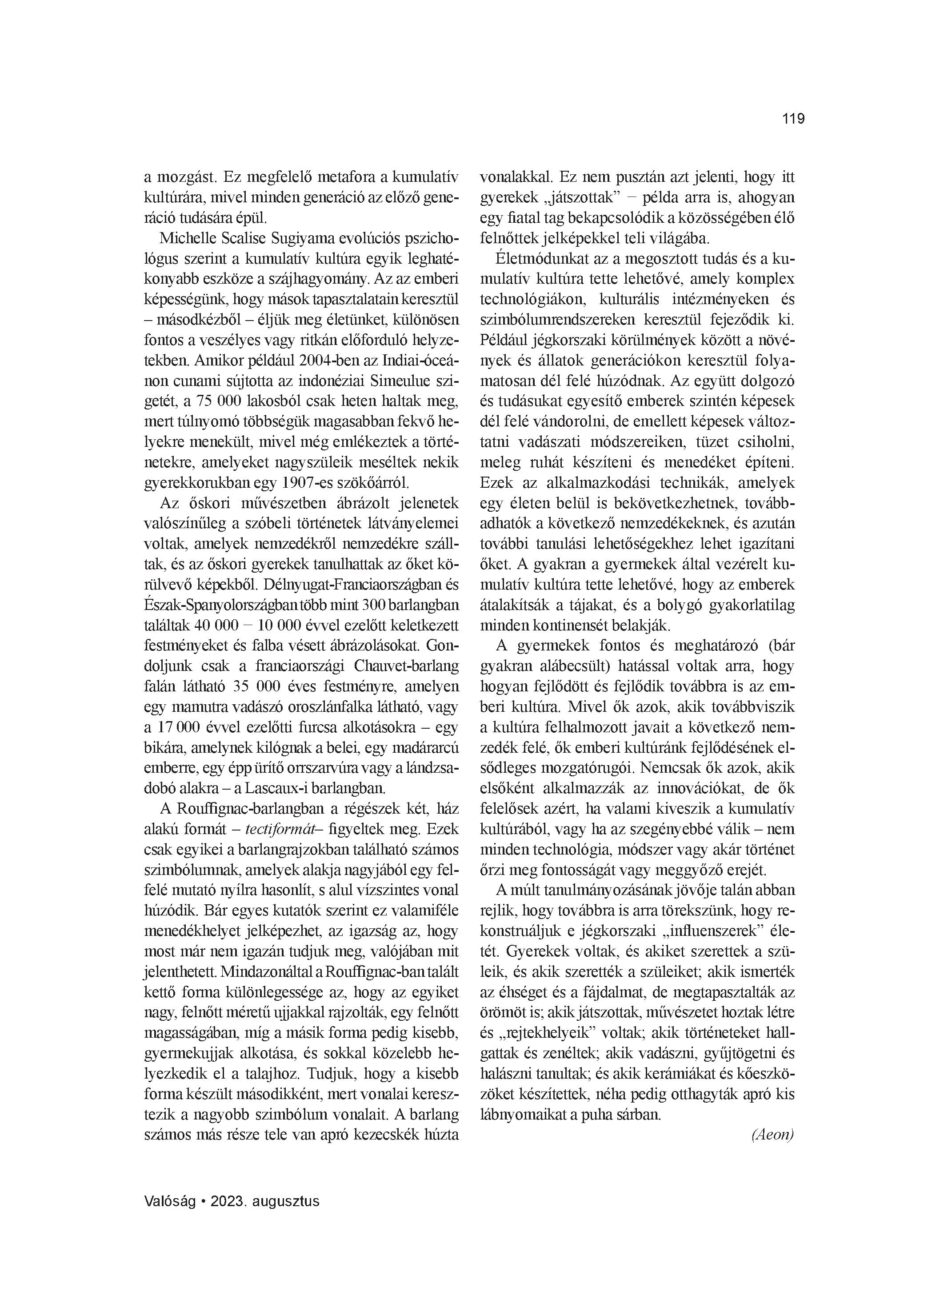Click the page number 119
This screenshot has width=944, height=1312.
point(793,119)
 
